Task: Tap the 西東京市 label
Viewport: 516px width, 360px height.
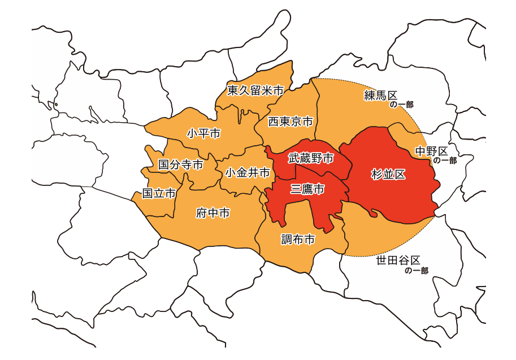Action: coord(290,122)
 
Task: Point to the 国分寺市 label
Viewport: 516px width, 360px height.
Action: coord(180,165)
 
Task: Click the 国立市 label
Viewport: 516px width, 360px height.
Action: coord(159,193)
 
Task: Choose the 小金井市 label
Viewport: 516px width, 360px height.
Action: coord(247,173)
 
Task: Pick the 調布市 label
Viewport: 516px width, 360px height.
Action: coord(298,240)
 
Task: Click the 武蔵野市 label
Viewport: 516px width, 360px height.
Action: coord(310,158)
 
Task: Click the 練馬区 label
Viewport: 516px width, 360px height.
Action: coord(381,95)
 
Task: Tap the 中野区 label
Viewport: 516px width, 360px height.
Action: coord(431,151)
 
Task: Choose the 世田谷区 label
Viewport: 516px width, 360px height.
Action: coord(398,261)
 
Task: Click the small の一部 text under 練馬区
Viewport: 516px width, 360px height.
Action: coord(401,105)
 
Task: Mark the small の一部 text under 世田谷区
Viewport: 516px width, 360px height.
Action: coord(417,271)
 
